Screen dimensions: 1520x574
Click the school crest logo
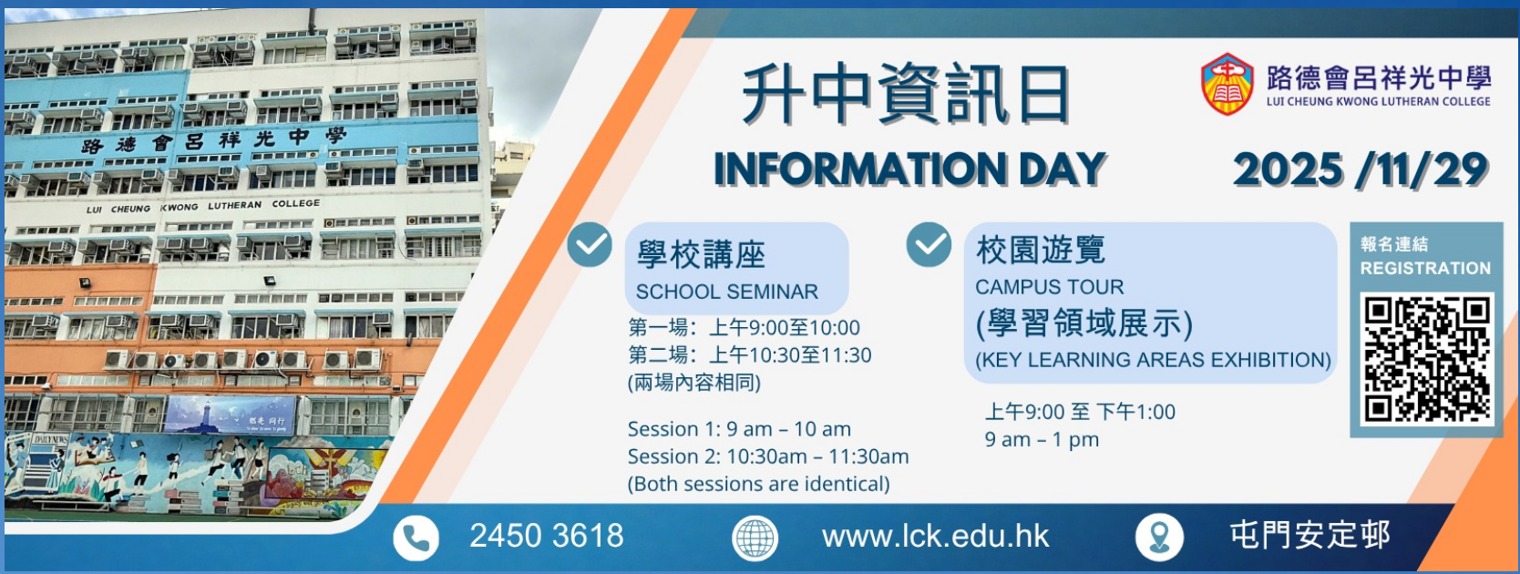[x=1227, y=84]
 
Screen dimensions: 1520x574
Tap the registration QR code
[x=1428, y=359]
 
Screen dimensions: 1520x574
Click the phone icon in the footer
[x=416, y=538]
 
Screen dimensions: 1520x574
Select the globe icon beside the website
[x=755, y=538]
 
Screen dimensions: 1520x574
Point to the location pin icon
[x=1159, y=538]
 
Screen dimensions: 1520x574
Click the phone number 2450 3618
[x=546, y=536]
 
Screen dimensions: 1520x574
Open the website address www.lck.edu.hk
[x=935, y=537]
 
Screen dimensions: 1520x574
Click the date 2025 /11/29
[x=1361, y=169]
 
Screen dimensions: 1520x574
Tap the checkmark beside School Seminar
[x=590, y=244]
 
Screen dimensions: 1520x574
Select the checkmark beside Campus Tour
[x=929, y=244]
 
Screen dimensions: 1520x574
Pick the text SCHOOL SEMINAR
[x=727, y=292]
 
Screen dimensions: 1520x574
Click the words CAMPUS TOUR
[x=1049, y=287]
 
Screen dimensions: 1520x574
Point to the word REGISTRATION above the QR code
[x=1425, y=269]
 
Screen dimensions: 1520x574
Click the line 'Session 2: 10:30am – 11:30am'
[x=768, y=456]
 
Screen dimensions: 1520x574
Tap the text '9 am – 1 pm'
[x=1042, y=440]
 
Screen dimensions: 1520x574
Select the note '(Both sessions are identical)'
[x=759, y=485]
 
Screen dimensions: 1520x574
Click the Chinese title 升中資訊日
[x=906, y=95]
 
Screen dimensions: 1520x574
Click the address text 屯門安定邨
[x=1310, y=536]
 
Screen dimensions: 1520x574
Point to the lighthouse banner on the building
[x=230, y=415]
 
